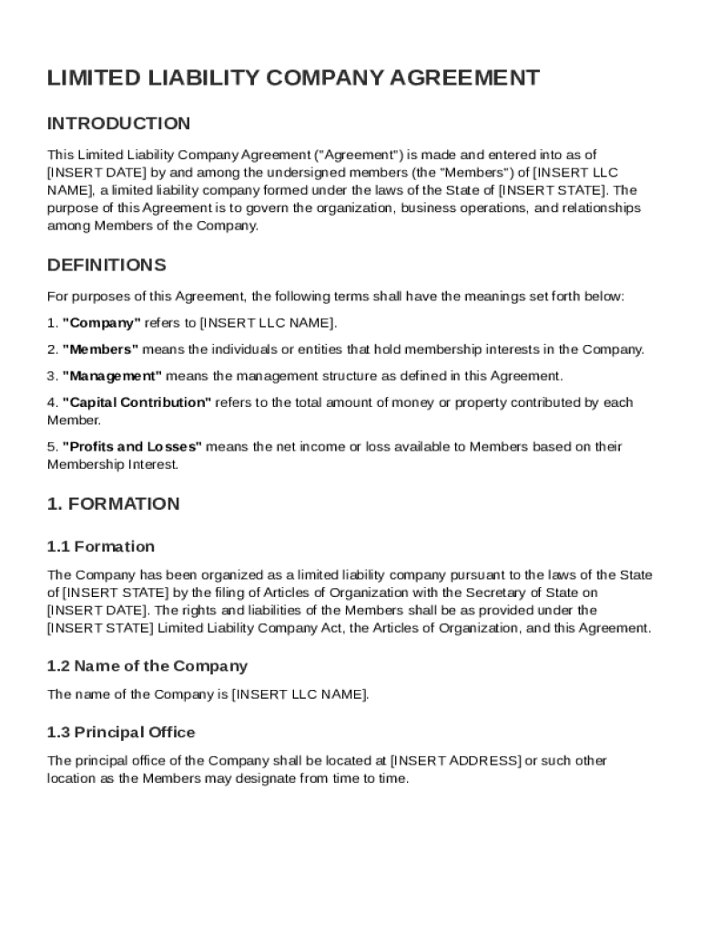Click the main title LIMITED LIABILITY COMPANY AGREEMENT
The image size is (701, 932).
[x=293, y=78]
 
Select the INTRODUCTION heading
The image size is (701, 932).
[x=118, y=124]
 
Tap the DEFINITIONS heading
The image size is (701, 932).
[x=107, y=266]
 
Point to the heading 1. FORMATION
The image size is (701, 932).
[x=113, y=504]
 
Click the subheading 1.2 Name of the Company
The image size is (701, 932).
[x=147, y=666]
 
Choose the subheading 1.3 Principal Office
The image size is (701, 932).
[x=120, y=733]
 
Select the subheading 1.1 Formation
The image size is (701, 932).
[x=100, y=547]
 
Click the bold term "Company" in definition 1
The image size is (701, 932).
[x=101, y=323]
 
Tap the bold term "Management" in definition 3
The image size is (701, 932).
[x=112, y=376]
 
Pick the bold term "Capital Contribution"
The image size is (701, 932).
[x=137, y=402]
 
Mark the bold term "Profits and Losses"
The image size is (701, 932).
[x=132, y=447]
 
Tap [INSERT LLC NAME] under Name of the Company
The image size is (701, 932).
[x=300, y=694]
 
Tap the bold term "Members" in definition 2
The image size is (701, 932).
[x=100, y=349]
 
